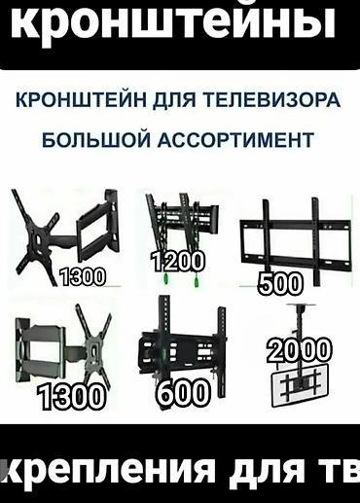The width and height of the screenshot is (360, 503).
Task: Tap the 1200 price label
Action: (x=177, y=261)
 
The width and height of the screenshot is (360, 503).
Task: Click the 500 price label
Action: (x=281, y=283)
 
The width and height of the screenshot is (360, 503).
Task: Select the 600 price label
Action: (x=182, y=392)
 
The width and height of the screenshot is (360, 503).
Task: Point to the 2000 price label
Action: (x=299, y=349)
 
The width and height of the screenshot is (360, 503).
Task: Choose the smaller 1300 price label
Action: (x=82, y=277)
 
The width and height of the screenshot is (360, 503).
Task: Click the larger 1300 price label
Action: (x=71, y=397)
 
